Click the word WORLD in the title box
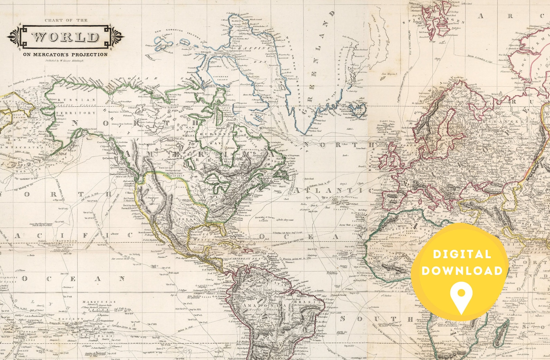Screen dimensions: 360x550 tap(65, 37)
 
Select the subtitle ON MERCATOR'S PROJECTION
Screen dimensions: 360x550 tap(65, 54)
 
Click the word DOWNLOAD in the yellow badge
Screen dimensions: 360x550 tap(462, 271)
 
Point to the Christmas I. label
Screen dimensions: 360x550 tap(68, 287)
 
